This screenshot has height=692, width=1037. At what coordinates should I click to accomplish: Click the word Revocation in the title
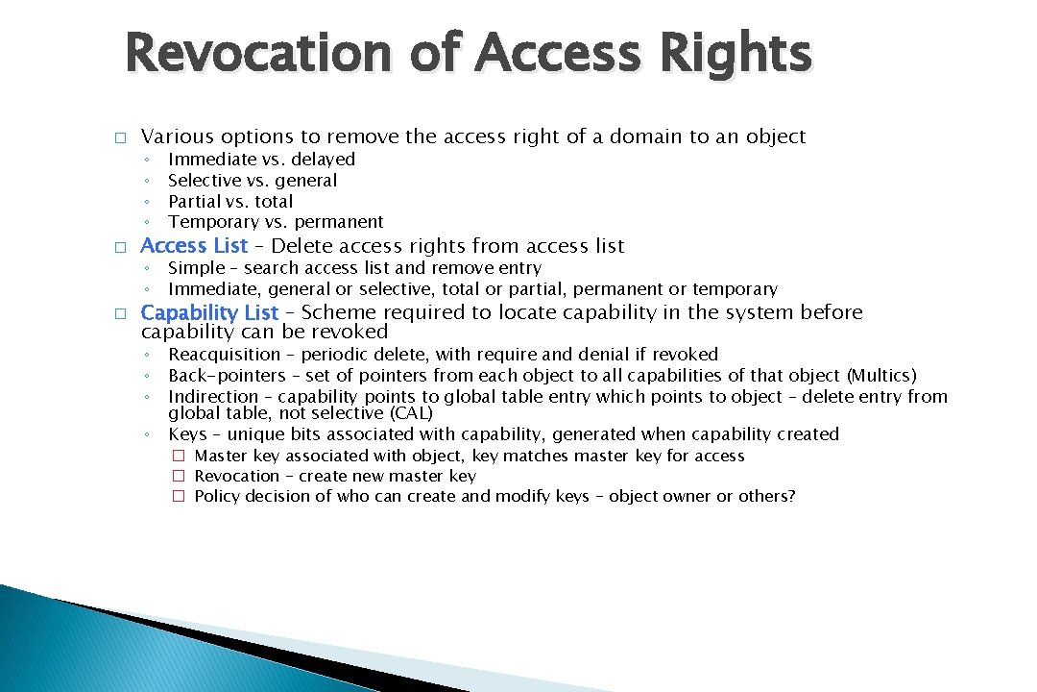coord(257,54)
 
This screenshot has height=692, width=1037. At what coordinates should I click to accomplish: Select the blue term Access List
coord(194,246)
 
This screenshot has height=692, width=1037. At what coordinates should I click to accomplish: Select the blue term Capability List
coord(209,312)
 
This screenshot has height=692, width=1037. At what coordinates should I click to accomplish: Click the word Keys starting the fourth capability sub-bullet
coord(187,434)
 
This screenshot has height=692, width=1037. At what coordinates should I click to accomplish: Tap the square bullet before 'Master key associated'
coord(178,457)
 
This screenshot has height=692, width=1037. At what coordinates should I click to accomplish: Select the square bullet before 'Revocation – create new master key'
coord(178,477)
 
